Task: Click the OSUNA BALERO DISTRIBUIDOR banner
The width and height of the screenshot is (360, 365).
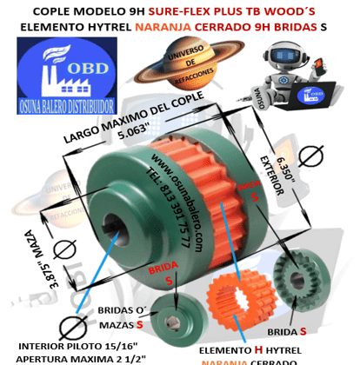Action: tap(66, 102)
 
